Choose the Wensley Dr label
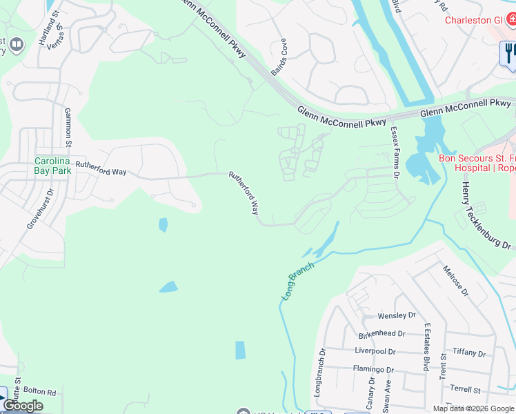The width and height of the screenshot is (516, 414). coord(397,315)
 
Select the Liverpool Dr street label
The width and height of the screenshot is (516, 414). coord(375,351)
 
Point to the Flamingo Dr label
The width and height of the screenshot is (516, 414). coord(373,368)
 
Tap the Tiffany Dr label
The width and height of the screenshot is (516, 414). coord(469,352)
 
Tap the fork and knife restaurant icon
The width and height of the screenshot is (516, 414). coord(509,53)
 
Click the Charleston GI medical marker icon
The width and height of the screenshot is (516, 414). coord(509,20)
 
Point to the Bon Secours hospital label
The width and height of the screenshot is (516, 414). coord(476,163)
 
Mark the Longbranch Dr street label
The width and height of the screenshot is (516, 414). coord(320,373)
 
